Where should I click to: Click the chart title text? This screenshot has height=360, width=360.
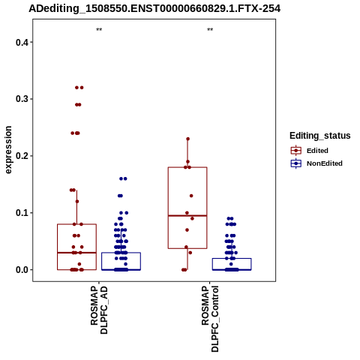point(154,8)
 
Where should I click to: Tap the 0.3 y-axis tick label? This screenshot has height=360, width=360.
point(22,99)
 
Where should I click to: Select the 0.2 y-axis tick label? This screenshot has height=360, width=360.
point(22,156)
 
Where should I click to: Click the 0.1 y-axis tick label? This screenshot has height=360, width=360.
point(22,213)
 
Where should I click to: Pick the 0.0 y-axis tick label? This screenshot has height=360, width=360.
point(22,270)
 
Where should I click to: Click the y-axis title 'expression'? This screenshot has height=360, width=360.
point(8,150)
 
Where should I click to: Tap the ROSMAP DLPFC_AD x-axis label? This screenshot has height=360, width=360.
point(99,310)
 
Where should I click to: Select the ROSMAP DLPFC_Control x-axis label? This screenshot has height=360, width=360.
point(210,319)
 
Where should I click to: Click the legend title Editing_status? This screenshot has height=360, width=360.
point(320,136)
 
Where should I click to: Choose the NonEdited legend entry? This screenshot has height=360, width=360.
point(316,163)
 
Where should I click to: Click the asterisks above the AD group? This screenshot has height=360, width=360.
point(99,30)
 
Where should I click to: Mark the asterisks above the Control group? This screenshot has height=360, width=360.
point(210,30)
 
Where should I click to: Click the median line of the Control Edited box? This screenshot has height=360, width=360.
point(187,215)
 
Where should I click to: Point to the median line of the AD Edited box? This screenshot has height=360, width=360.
point(76,253)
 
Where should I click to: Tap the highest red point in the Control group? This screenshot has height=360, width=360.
point(188,139)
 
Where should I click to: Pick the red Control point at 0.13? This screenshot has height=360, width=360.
point(191,196)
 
